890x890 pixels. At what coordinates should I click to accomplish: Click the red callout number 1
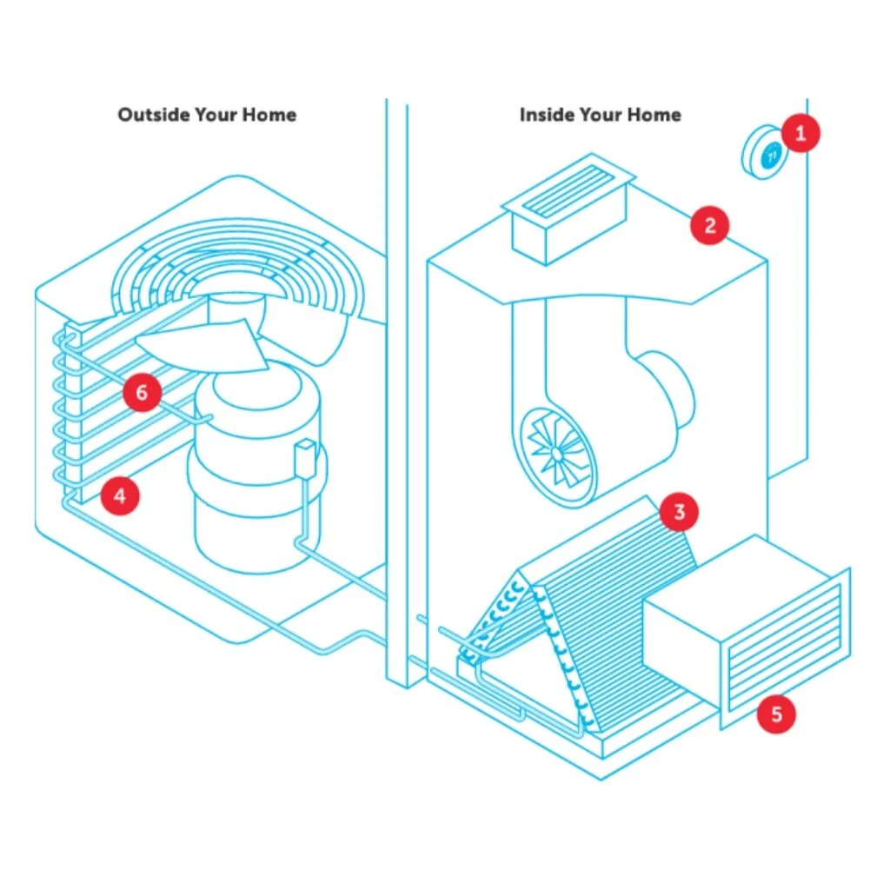tap(800, 133)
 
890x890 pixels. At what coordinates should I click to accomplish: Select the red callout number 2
tap(709, 226)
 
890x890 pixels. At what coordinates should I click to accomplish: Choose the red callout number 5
tap(776, 714)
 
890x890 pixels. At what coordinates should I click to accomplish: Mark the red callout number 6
tap(141, 393)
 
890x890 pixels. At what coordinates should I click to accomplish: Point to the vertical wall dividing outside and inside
tap(396, 391)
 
